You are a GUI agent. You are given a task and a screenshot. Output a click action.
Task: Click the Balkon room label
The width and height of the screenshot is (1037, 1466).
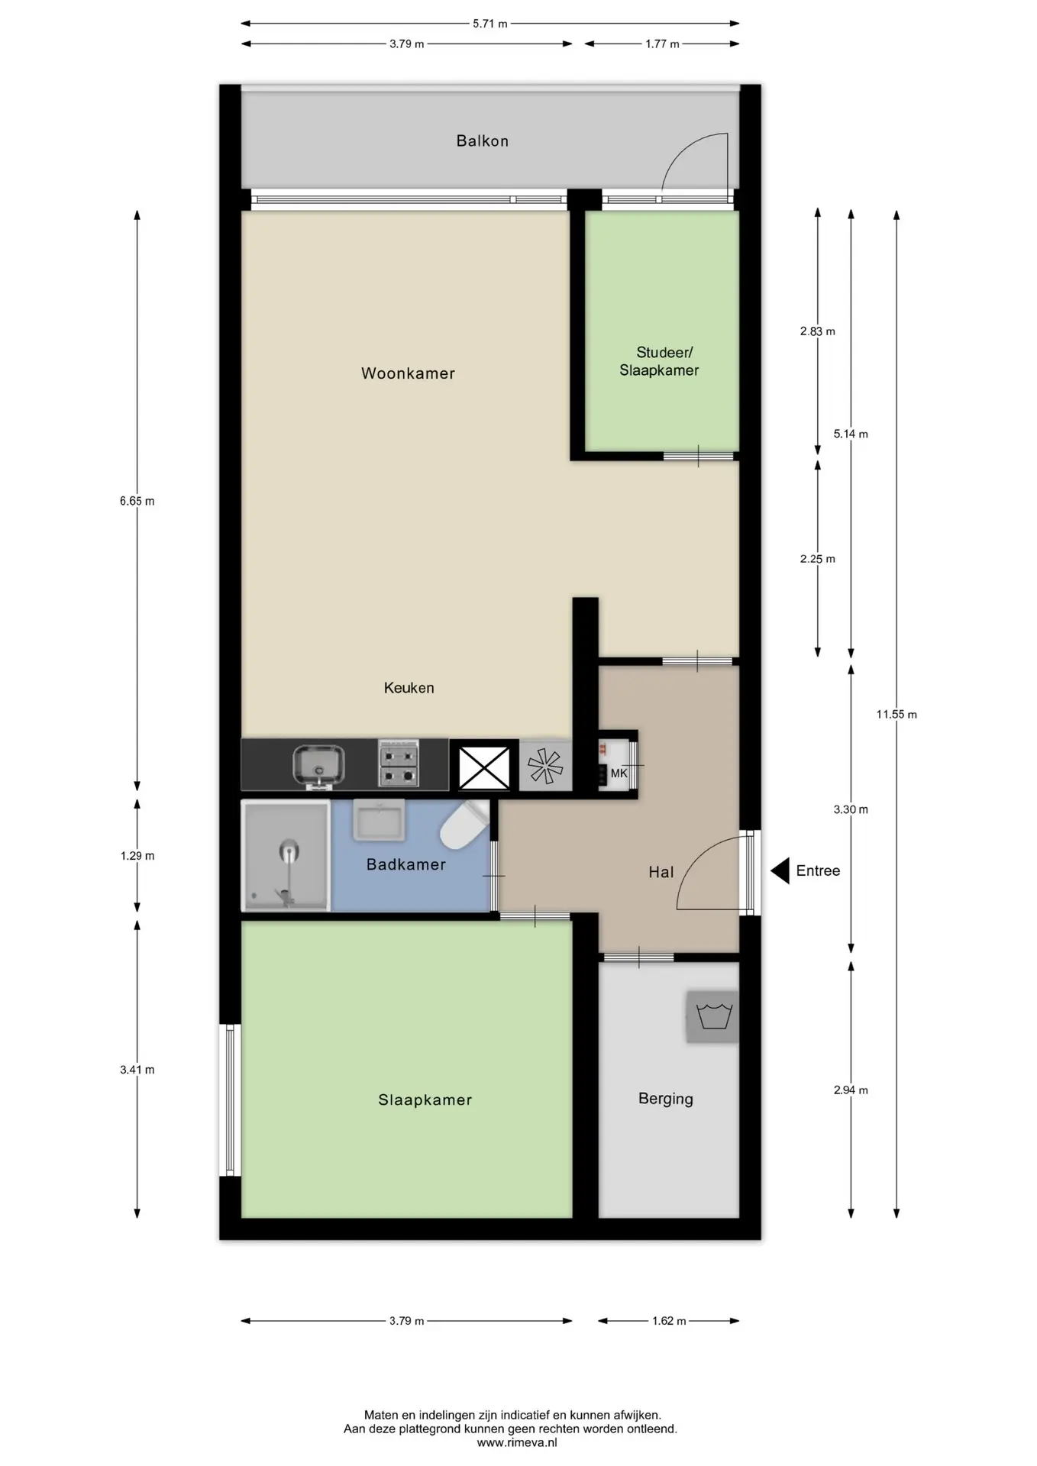coord(482,140)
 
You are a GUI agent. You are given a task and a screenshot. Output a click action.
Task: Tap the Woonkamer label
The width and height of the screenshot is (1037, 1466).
coord(408,373)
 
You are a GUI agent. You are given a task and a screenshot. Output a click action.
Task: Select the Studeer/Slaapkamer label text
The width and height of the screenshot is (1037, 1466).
coord(660,361)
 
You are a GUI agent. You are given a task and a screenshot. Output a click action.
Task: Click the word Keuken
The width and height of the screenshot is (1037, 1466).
coord(409,688)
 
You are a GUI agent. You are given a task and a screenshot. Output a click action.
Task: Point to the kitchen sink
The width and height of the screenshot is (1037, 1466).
coord(318,766)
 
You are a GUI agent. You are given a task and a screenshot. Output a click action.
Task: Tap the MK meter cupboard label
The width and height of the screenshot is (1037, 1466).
coord(619,773)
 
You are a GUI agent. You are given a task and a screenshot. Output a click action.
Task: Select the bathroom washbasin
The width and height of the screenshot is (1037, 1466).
coord(380,820)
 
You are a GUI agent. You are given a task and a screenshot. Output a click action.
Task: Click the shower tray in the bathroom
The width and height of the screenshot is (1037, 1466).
coord(286,855)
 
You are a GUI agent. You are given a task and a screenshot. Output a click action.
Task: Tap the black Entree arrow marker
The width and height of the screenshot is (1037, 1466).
coord(780,870)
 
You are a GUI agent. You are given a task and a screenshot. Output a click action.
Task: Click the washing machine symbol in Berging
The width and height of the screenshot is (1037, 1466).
coord(713,1016)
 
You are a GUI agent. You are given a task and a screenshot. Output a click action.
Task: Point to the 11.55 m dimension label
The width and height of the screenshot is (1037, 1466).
coord(896,715)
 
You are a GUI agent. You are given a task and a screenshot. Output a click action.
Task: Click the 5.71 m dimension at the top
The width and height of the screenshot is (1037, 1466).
coord(490,24)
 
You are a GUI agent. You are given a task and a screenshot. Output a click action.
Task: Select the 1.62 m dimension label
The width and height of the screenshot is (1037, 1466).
coord(669,1321)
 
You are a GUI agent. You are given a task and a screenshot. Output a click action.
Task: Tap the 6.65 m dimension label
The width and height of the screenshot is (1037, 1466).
coord(137,502)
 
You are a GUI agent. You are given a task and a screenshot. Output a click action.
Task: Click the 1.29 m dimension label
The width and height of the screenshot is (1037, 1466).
coord(137,856)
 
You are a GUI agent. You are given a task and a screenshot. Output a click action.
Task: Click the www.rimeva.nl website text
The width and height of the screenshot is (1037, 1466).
coord(517,1442)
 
